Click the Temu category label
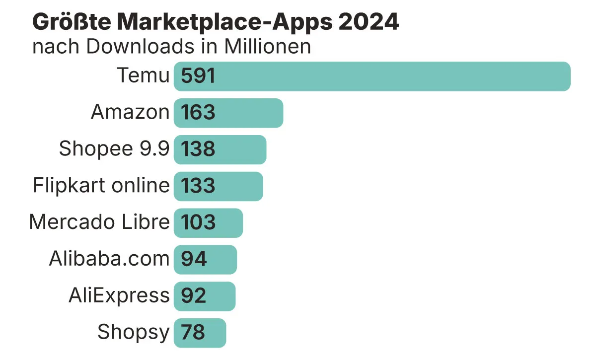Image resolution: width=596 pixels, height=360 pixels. click(143, 76)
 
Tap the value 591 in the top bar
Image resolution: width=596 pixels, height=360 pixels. click(198, 76)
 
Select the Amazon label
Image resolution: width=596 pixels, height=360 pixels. click(130, 112)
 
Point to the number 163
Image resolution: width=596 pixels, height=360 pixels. click(198, 113)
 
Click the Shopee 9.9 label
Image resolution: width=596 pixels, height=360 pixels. click(114, 148)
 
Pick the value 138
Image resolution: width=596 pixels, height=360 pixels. click(198, 149)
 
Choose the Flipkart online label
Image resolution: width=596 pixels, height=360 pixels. click(101, 185)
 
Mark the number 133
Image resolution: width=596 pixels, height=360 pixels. click(198, 186)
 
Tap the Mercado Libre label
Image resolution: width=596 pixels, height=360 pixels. click(99, 222)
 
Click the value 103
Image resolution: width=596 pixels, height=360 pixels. click(198, 222)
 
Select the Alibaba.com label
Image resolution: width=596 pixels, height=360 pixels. click(109, 259)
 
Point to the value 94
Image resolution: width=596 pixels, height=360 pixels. click(194, 259)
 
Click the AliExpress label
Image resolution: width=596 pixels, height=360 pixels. click(119, 295)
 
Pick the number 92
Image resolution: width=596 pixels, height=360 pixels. click(194, 296)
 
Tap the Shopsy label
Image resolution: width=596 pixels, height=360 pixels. click(133, 332)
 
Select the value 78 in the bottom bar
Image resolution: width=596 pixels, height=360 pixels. click(193, 333)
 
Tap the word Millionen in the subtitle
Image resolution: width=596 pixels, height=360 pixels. click(268, 47)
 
